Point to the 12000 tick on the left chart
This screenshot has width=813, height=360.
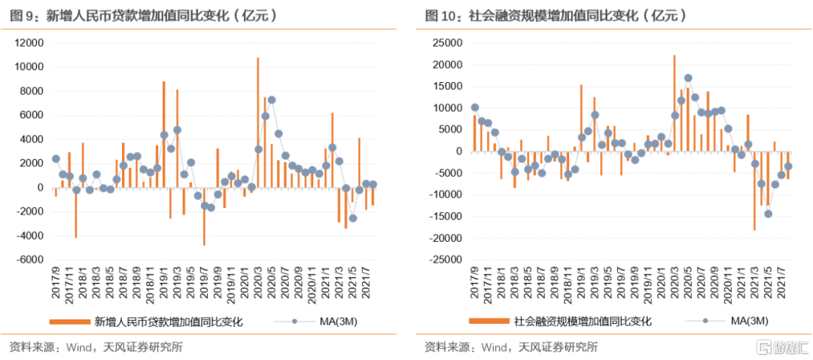tap(29, 43)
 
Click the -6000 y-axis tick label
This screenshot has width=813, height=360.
tap(30, 260)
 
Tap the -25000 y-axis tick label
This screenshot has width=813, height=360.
tap(443, 260)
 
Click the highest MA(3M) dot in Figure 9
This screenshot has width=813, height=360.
tap(272, 99)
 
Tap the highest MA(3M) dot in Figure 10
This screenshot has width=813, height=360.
tap(688, 78)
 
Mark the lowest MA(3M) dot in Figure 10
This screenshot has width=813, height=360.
tap(768, 213)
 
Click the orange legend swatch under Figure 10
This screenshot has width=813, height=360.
tap(488, 322)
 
